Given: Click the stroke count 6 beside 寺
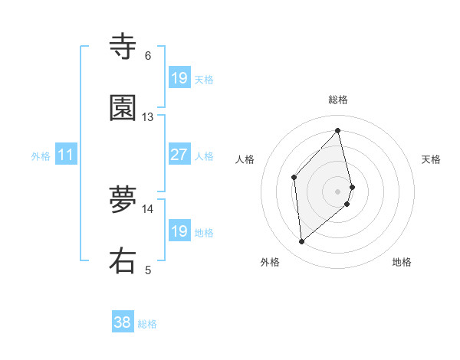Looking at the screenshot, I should pos(148,56).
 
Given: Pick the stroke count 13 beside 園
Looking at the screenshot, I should pos(148,117).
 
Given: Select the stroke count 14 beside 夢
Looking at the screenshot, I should pos(148,208).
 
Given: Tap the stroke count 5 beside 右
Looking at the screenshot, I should pos(148,270).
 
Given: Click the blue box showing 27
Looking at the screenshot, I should pos(179,155).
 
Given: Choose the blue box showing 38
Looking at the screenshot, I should pos(123,323).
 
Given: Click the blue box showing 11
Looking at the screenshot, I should pos(66,155).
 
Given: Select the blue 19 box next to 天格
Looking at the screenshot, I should pos(179,78).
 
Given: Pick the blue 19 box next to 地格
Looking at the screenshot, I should pos(179,231).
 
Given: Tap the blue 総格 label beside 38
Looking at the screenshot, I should pos(147,325).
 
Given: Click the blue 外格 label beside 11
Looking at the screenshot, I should pos(41,156).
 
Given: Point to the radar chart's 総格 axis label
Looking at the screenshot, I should pos(338,100).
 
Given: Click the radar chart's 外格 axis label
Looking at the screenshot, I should pos(270,263).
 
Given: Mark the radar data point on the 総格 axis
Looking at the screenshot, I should pos(338,130).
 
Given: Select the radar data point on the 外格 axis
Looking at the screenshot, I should pos(302,242).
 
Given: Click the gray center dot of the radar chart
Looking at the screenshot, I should pos(338,191).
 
